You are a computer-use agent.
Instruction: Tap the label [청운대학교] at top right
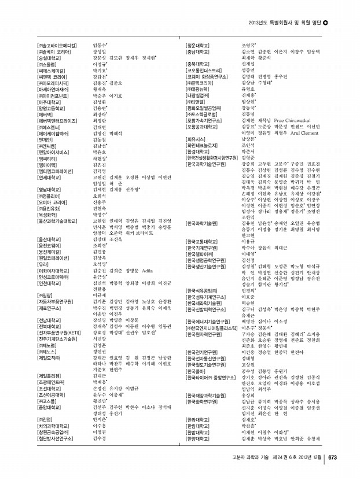point(201,45)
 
